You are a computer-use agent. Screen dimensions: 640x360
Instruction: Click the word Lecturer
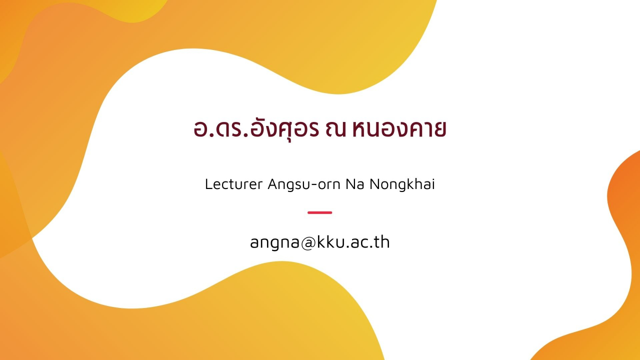(233, 184)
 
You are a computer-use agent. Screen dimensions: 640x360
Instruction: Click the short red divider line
(319, 212)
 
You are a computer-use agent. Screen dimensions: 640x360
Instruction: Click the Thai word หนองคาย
(399, 129)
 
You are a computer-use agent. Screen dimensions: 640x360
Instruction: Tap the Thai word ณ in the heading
(335, 129)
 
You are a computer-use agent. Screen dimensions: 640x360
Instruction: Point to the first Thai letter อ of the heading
(201, 129)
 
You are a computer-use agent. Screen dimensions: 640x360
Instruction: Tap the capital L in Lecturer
(209, 184)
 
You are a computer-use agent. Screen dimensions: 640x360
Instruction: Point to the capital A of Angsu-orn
(273, 184)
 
